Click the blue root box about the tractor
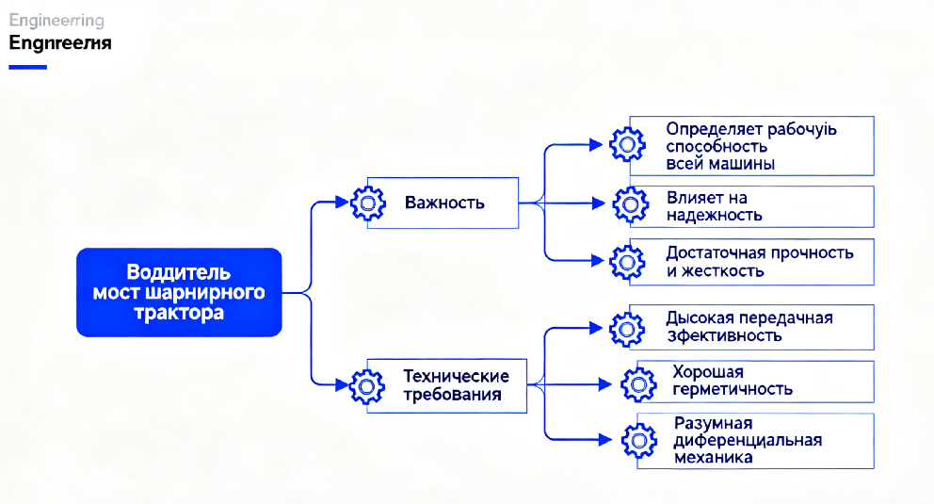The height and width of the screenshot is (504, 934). click(179, 292)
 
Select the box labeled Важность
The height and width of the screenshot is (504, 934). click(443, 203)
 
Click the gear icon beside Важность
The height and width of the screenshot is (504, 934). click(368, 203)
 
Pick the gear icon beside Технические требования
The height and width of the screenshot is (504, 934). click(367, 385)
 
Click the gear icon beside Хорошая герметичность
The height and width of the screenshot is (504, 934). click(638, 382)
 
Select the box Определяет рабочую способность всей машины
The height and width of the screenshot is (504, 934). click(750, 145)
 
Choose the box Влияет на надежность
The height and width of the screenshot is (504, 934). click(750, 206)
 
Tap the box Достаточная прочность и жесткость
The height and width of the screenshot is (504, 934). click(750, 262)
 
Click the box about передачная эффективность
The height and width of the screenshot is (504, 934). click(750, 327)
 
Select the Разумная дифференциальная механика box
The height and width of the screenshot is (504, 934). click(755, 440)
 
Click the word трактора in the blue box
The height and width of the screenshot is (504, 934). click(179, 313)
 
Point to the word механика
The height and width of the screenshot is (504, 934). click(713, 458)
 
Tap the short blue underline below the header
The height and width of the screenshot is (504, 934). click(26, 67)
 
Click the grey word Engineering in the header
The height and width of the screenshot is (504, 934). click(56, 21)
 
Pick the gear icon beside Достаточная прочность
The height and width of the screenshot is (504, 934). click(627, 262)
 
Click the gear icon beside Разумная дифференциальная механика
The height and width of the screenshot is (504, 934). click(638, 438)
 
